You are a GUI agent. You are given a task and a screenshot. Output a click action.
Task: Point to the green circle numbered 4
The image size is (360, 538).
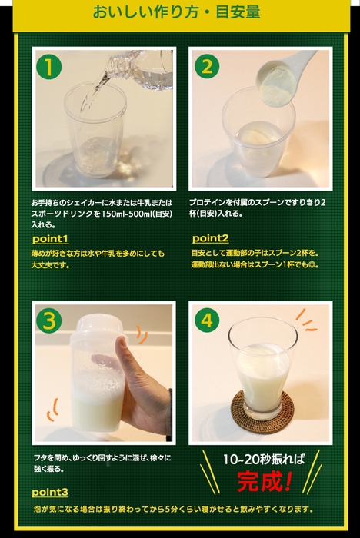(206, 320)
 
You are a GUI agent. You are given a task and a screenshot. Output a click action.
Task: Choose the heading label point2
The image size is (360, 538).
(210, 238)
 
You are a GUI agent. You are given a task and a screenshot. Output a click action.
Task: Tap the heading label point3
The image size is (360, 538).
(50, 492)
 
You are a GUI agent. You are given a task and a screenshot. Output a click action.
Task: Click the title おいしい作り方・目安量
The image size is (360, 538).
(176, 13)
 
